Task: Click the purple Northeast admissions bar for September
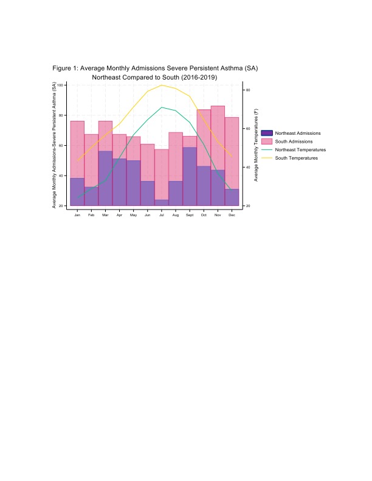[190, 176]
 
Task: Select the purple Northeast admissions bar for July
[162, 203]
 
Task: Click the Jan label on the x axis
[77, 215]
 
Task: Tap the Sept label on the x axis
[190, 215]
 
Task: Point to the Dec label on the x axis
[232, 215]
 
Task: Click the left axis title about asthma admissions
[55, 145]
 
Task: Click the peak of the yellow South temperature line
[162, 85]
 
